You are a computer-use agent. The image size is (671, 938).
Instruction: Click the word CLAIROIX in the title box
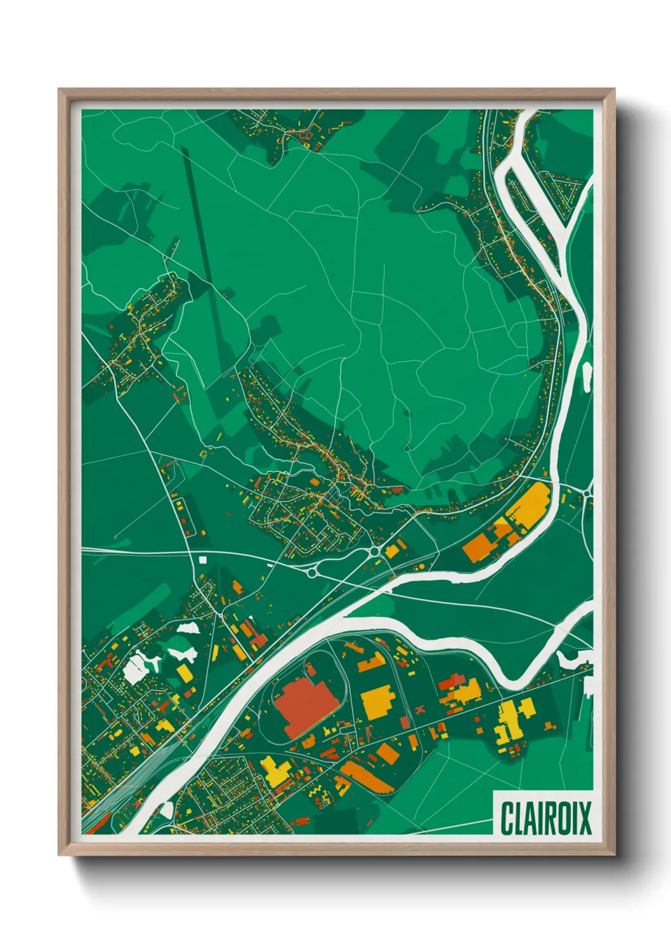[545, 818]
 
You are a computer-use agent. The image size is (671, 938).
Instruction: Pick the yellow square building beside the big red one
[379, 702]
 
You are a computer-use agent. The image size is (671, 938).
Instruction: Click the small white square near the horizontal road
[203, 560]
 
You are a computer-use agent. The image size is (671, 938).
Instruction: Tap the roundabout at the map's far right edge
[589, 492]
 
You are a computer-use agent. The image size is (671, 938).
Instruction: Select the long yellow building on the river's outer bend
[528, 506]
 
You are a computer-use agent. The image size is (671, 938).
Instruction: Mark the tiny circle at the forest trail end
[407, 449]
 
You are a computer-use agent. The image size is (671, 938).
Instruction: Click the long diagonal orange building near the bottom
[367, 778]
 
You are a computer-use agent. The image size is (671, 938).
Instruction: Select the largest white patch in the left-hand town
[137, 669]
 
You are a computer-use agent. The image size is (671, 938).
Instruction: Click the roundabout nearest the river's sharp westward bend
[375, 553]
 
